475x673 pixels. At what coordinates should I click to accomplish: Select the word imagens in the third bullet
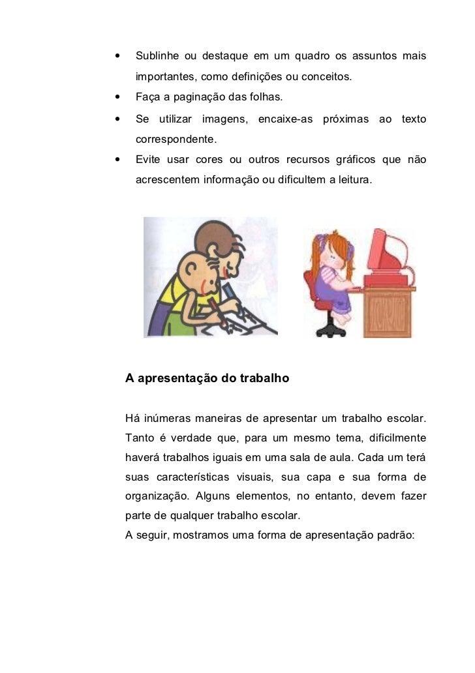coord(226,119)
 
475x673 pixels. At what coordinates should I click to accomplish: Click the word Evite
coord(148,160)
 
